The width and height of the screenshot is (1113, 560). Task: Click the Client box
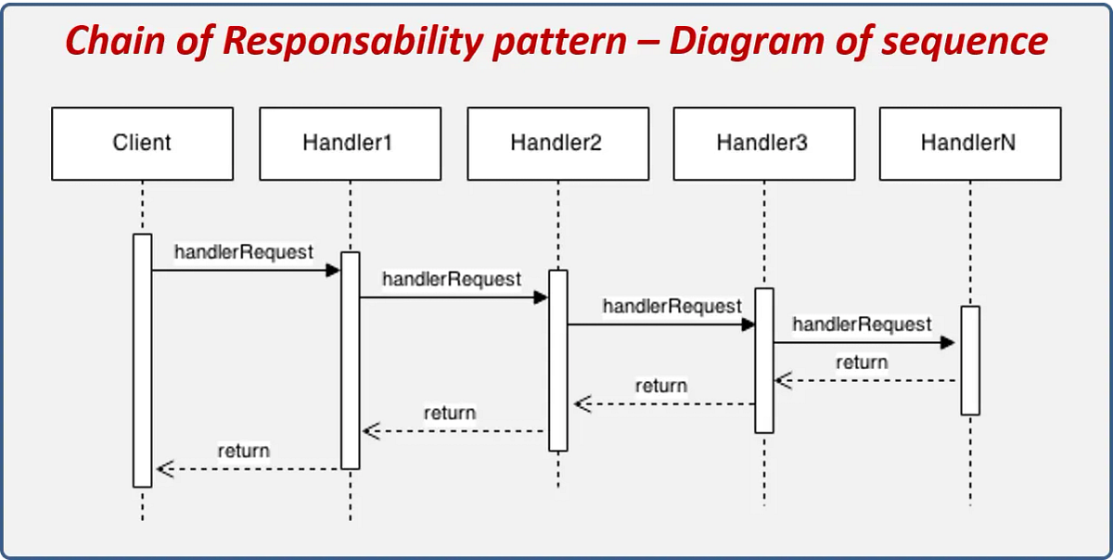coord(142,143)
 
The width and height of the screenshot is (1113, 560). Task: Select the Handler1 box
coord(350,143)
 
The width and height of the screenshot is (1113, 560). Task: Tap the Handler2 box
coord(556,143)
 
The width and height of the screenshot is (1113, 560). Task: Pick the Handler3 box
coord(763,143)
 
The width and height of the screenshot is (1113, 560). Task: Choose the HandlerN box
coord(969,143)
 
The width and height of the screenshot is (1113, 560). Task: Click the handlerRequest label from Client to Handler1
coord(243,252)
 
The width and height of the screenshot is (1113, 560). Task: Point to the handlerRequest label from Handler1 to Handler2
coord(452,278)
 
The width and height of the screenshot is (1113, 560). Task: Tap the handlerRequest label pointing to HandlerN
coord(862,324)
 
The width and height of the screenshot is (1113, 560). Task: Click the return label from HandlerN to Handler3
coord(861,363)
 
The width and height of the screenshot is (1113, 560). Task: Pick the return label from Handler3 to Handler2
coord(660,386)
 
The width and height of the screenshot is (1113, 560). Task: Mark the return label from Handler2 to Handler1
coord(449,413)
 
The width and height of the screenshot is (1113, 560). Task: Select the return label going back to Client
coord(243,452)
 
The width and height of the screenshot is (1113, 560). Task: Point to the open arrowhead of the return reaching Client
coord(164,469)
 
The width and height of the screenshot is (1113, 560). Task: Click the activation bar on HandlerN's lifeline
coord(969,360)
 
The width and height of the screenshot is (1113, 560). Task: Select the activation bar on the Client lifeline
coord(142,360)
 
